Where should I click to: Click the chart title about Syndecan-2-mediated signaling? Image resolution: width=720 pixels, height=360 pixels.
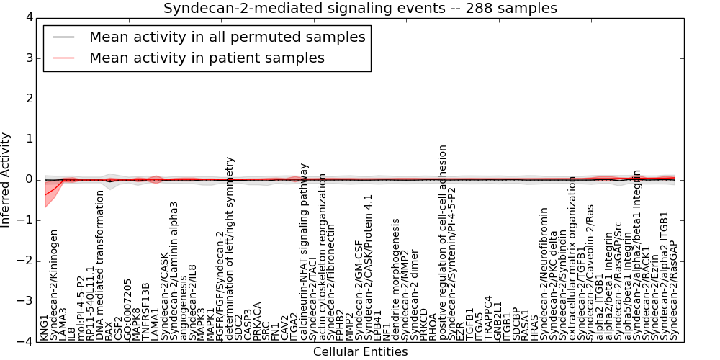click(360, 9)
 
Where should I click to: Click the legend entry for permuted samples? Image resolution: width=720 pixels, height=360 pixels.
click(227, 37)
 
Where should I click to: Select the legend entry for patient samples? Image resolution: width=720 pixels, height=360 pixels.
click(207, 58)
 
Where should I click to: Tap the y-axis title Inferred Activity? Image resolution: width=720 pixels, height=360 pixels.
click(6, 180)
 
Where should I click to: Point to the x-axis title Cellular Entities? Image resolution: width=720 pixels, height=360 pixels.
click(360, 352)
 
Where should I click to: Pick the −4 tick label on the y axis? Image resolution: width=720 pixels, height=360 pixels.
click(25, 343)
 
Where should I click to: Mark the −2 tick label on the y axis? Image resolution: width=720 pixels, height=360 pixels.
click(25, 261)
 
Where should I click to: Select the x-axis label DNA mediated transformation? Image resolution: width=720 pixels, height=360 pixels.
click(100, 264)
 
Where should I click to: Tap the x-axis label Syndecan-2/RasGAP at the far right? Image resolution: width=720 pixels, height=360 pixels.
click(674, 290)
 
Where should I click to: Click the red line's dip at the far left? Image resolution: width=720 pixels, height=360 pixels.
click(45, 194)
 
